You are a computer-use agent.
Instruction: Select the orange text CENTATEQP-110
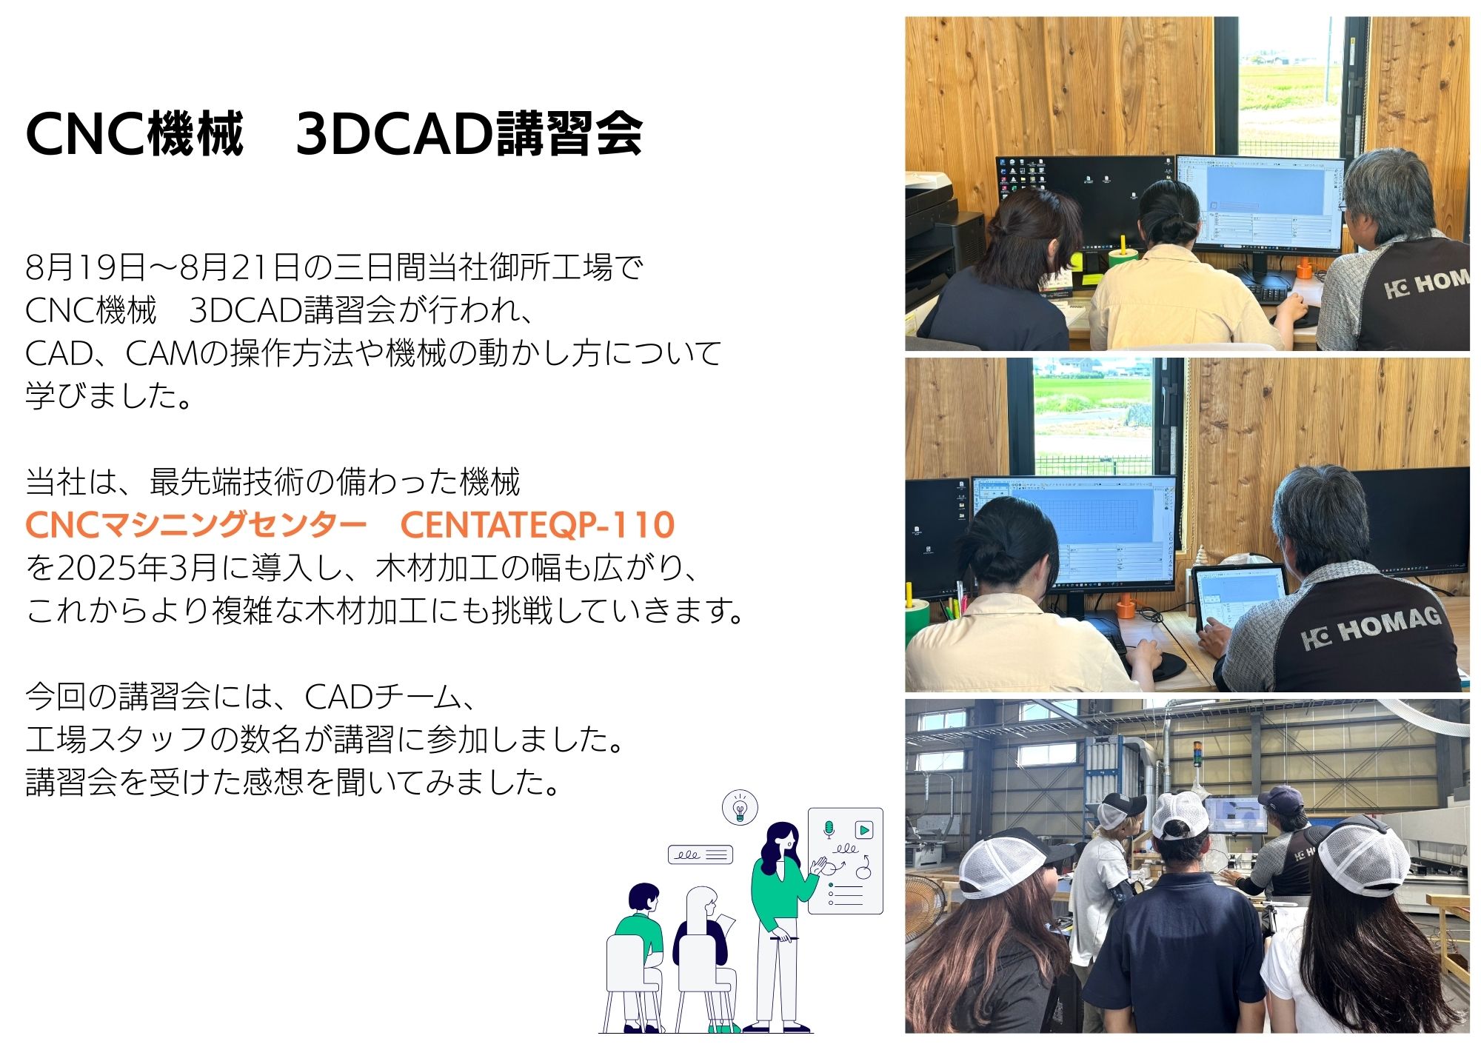click(x=538, y=525)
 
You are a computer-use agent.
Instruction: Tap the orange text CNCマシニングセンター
click(x=196, y=525)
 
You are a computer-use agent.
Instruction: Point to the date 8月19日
click(x=86, y=267)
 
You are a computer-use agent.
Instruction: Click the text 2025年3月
click(x=137, y=568)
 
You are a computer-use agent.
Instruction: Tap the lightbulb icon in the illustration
click(x=740, y=807)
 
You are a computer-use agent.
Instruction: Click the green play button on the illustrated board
click(x=863, y=829)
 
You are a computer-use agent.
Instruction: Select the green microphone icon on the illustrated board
click(x=829, y=829)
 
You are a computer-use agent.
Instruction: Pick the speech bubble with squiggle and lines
click(x=700, y=854)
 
